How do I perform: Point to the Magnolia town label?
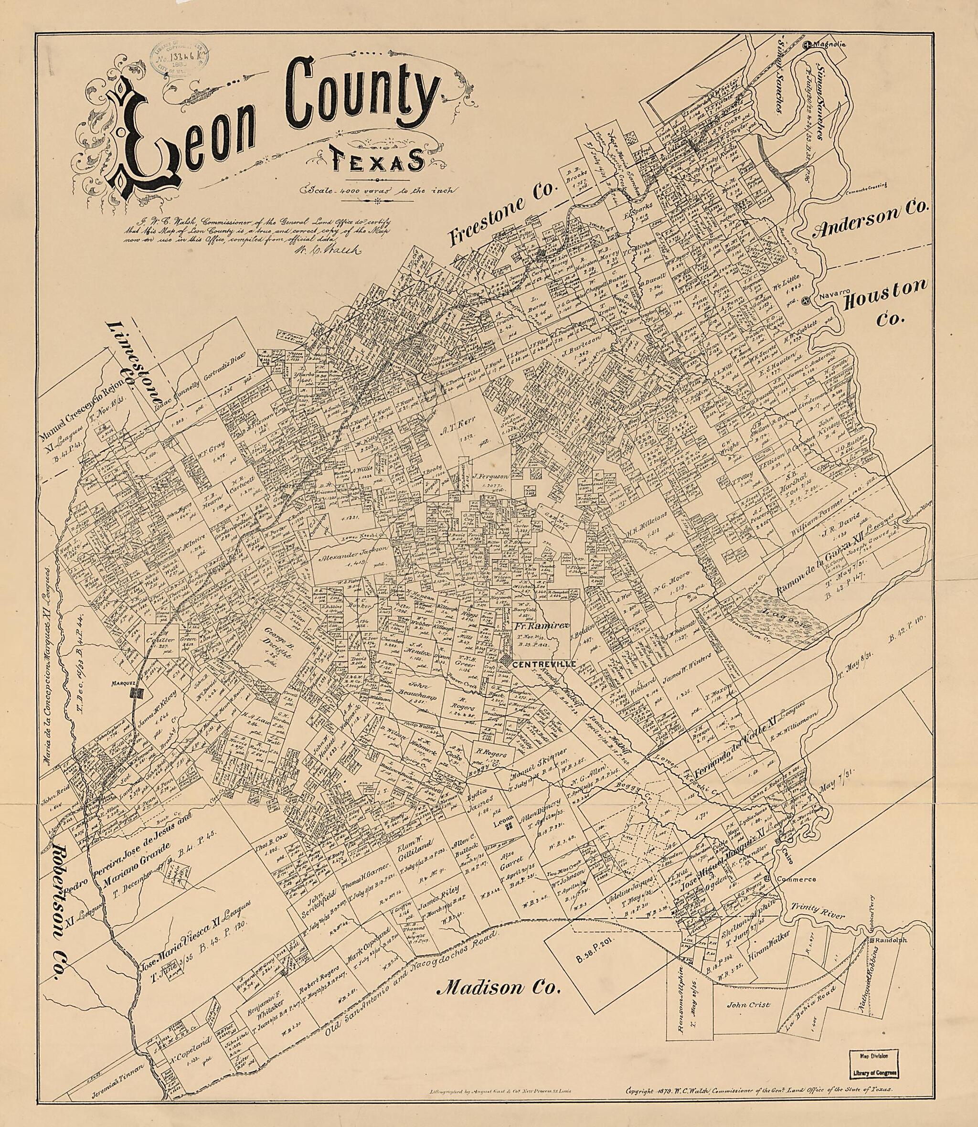pos(829,46)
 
